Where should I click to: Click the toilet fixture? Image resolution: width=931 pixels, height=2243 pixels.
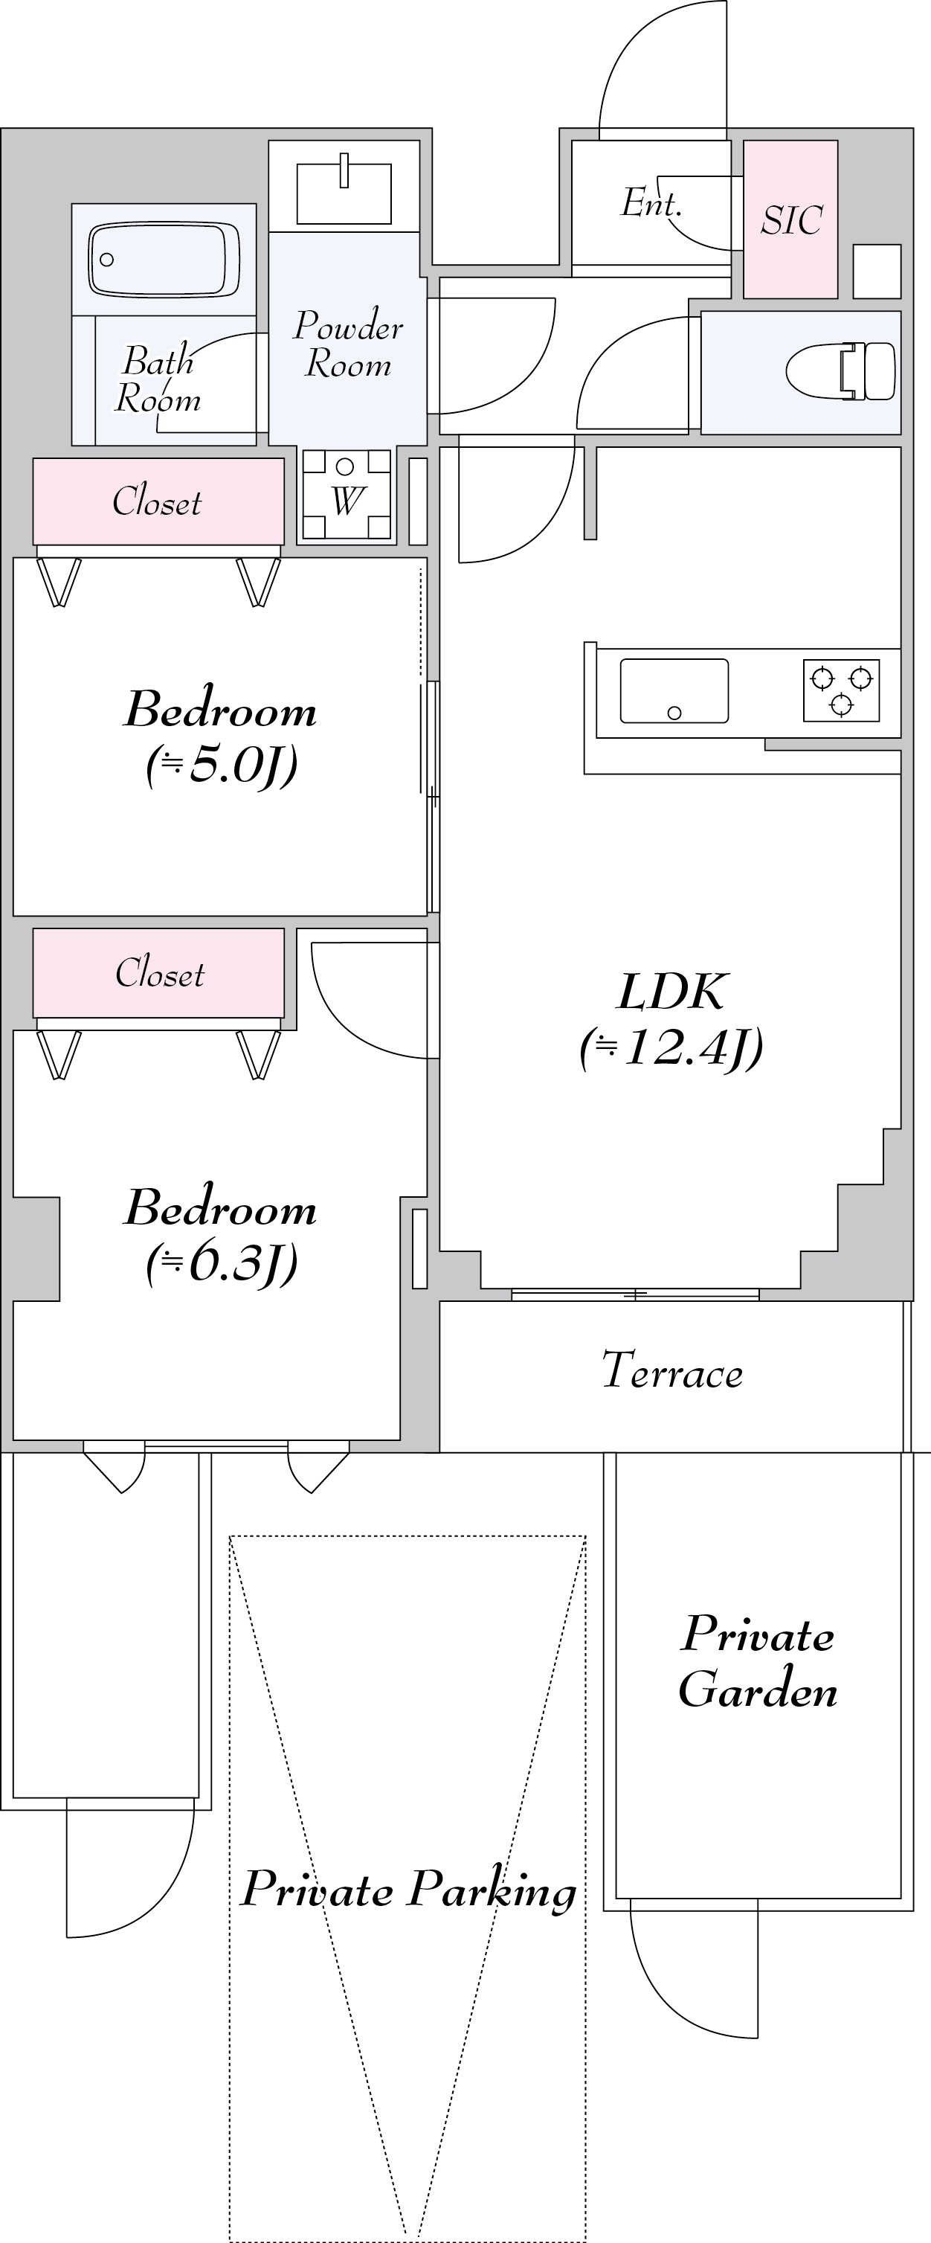[x=840, y=371]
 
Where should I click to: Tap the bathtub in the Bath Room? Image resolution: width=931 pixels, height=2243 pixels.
[x=164, y=260]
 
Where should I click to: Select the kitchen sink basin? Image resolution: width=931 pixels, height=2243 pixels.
[x=674, y=691]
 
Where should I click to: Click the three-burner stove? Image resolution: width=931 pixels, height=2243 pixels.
[x=841, y=690]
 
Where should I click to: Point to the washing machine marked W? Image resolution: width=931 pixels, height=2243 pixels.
[x=347, y=495]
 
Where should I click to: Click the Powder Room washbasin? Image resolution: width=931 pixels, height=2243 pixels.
[x=344, y=191]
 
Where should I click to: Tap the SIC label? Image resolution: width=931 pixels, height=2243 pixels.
[x=791, y=220]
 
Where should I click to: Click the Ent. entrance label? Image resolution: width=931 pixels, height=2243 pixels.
[x=651, y=204]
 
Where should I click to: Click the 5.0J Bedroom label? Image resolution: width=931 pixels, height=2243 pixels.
[x=221, y=737]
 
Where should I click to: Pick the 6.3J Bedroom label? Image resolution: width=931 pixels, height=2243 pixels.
[x=221, y=1235]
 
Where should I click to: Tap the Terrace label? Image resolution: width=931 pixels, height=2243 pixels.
[x=671, y=1370]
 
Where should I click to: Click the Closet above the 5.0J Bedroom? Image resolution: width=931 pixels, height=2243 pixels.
[x=158, y=501]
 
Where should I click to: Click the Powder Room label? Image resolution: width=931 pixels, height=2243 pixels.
[x=348, y=344]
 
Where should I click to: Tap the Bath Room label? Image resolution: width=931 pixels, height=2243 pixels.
[x=158, y=379]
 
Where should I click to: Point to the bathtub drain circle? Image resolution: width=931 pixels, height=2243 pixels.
[x=107, y=260]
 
